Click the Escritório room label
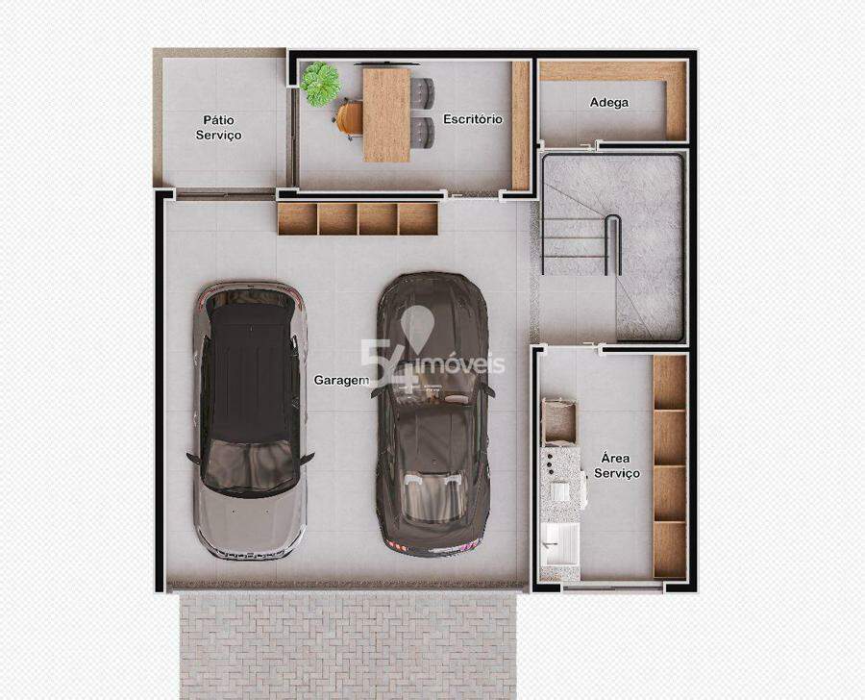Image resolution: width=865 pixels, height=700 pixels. click(473, 118)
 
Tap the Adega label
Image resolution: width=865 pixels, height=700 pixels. click(609, 102)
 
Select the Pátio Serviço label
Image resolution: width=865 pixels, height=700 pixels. click(218, 128)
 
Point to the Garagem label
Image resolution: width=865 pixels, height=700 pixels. click(341, 381)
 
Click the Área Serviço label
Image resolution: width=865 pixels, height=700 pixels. click(617, 466)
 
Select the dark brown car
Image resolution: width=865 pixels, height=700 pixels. click(432, 414)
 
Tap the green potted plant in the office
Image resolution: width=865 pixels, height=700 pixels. click(320, 84)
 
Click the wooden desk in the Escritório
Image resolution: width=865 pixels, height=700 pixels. click(386, 114)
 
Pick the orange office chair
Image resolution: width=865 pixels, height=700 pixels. click(349, 118)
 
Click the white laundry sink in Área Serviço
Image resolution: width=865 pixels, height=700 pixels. click(559, 544)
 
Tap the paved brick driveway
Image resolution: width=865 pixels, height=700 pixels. click(348, 645)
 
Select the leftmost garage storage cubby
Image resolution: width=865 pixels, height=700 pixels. click(297, 219)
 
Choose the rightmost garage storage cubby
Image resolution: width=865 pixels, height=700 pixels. click(418, 219)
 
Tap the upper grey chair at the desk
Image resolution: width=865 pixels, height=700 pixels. click(423, 92)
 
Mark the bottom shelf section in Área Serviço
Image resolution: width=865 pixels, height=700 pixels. click(670, 550)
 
